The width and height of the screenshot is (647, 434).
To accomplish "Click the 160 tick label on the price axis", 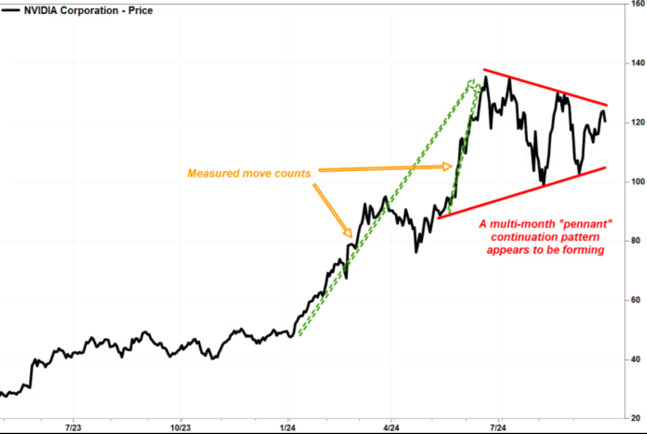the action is (x=637, y=4).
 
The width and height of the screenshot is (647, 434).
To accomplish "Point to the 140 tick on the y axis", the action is (x=637, y=63).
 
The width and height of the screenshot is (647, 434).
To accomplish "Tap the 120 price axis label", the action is (x=637, y=123).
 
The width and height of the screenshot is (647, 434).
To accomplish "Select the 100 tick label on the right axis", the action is (x=637, y=182).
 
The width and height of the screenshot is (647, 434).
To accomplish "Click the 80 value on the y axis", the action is (x=636, y=240).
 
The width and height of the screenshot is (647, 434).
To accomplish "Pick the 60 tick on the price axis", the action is (x=636, y=300).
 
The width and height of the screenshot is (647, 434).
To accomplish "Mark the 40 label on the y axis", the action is (x=636, y=359).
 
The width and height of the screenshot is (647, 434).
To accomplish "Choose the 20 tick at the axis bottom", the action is (x=636, y=418).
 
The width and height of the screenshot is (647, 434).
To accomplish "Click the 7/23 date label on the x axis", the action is (x=73, y=428).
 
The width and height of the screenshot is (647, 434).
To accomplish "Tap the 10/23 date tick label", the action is (x=180, y=428).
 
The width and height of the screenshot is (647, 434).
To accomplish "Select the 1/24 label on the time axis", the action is (x=288, y=428).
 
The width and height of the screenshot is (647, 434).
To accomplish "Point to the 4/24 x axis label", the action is (x=391, y=428).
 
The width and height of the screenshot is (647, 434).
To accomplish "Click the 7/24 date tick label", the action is (x=498, y=428).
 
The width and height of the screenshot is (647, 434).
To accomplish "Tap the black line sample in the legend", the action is (x=10, y=10).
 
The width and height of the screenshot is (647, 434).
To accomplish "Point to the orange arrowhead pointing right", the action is (x=447, y=166).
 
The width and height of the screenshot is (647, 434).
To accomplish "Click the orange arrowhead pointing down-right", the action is (x=348, y=233).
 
